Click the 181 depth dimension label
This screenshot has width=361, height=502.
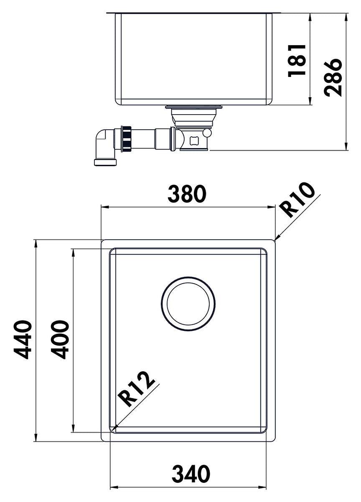pyautogui.click(x=297, y=61)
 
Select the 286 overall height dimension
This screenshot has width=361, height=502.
pyautogui.click(x=333, y=77)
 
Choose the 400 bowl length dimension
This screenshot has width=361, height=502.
pyautogui.click(x=59, y=340)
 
